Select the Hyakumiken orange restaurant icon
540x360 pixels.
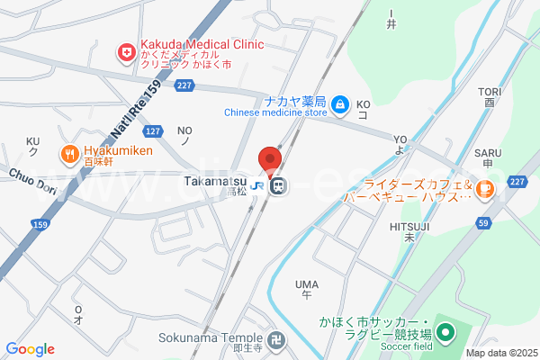68,153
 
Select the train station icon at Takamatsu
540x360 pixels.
278,186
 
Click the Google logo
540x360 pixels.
30,349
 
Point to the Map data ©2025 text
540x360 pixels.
500,353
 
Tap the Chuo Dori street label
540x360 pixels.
32,179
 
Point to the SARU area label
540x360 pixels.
488,153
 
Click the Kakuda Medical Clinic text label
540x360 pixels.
201,43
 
